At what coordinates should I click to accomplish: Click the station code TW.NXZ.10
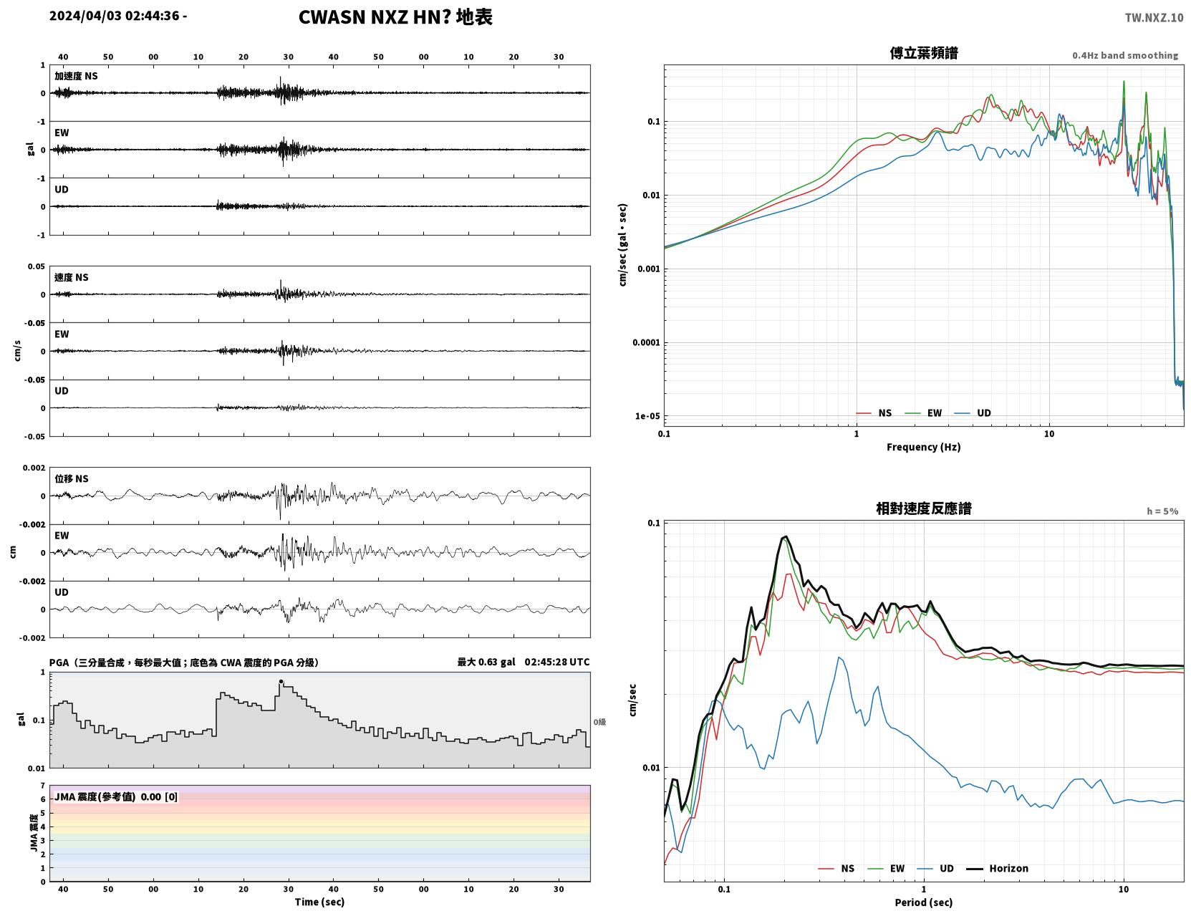tap(1154, 17)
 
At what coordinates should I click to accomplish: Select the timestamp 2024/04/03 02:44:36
tap(114, 15)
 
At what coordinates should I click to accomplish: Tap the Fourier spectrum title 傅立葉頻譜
tap(924, 53)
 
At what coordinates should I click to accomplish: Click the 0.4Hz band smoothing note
tap(1124, 55)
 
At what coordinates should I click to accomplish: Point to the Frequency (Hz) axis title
tap(924, 447)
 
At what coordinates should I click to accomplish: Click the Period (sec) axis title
tap(924, 902)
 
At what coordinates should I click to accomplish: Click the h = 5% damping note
tap(1162, 511)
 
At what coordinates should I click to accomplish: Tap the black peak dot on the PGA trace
tap(281, 682)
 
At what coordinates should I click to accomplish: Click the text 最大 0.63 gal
tap(486, 662)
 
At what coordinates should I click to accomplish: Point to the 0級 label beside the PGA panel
tap(599, 722)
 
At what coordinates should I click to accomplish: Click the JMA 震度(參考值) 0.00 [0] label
tap(115, 796)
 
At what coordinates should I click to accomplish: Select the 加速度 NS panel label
tap(76, 76)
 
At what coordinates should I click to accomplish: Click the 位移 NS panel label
tap(71, 479)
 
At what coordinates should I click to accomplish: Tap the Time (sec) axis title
tap(319, 902)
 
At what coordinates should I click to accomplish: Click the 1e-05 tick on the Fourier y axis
tap(647, 416)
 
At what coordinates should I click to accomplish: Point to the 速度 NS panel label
tap(71, 277)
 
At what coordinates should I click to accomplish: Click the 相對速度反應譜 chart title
tap(924, 508)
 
